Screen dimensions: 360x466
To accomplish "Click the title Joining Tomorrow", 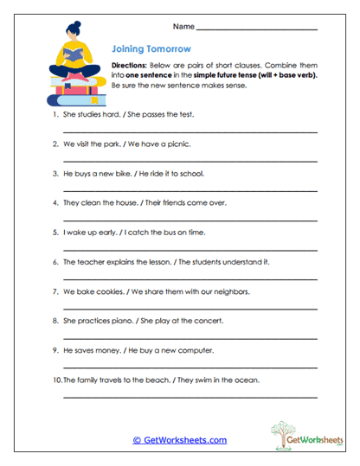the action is point(151,49).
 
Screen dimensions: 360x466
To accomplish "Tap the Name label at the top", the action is point(183,29).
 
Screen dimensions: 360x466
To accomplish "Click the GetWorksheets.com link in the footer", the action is point(179,440).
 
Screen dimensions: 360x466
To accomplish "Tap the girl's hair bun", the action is point(77,27).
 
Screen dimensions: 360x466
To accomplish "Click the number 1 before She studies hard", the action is point(55,114).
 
